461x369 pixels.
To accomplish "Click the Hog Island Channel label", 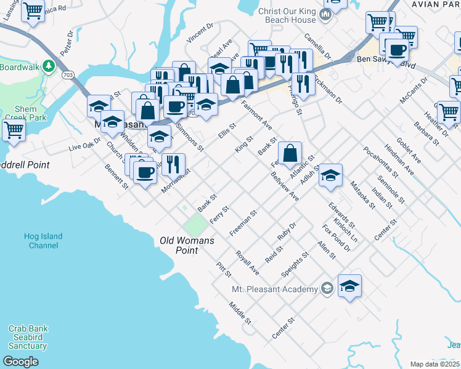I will pyautogui.click(x=43, y=240).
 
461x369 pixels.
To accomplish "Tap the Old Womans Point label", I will pyautogui.click(x=187, y=245).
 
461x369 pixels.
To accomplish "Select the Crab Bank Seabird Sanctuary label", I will pyautogui.click(x=27, y=337).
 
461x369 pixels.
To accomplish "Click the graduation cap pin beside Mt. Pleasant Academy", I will pyautogui.click(x=349, y=286).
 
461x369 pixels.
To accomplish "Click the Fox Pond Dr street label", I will pyautogui.click(x=336, y=238).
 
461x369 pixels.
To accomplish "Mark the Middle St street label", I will pyautogui.click(x=240, y=312).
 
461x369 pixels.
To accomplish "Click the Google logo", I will pyautogui.click(x=21, y=362).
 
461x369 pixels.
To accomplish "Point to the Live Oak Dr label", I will pyautogui.click(x=84, y=145).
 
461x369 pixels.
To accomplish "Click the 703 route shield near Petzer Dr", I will pyautogui.click(x=67, y=75).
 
